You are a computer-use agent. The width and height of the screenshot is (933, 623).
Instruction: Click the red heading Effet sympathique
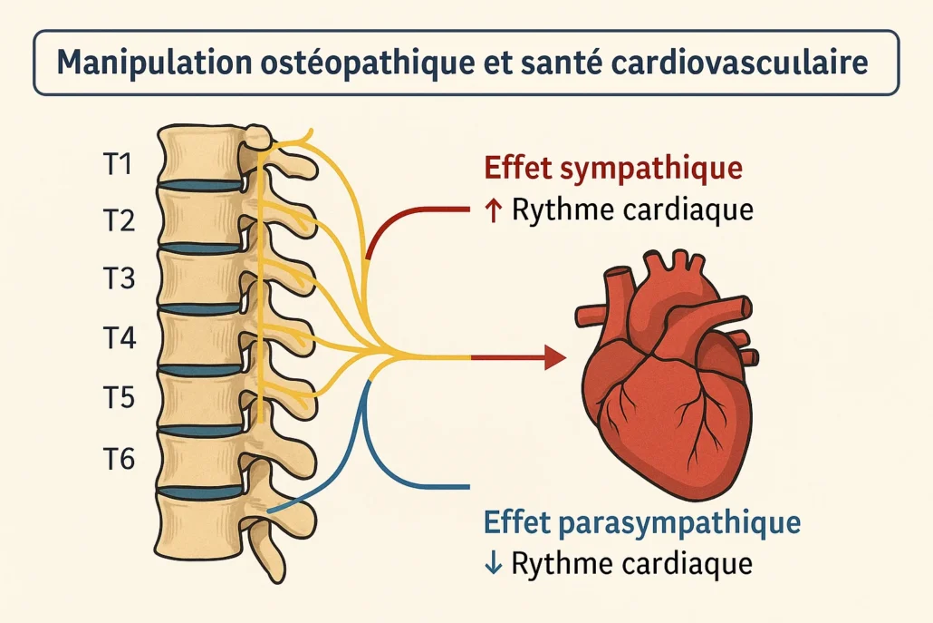click(613, 170)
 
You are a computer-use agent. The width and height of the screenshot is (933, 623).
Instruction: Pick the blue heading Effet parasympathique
click(642, 523)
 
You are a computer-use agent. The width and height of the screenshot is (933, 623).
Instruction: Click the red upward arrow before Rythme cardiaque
click(494, 212)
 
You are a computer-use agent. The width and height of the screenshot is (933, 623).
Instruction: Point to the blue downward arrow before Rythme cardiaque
click(494, 564)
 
